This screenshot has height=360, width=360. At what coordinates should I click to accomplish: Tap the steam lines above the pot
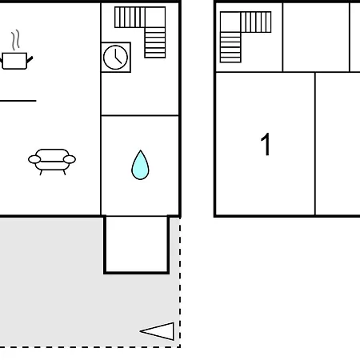[x=16, y=40]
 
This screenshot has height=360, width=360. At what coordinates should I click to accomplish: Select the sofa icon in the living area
[x=52, y=162]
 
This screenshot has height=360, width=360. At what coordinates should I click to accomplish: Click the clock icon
[x=115, y=58]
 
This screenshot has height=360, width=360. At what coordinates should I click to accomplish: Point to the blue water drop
[x=140, y=166]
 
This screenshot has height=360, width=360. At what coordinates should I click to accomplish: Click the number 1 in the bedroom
[x=266, y=144]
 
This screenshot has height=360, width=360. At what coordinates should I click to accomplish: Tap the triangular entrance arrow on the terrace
[x=158, y=331]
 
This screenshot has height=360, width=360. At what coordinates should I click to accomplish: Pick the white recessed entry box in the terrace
[x=137, y=244]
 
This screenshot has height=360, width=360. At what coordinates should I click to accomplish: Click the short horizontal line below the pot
[x=18, y=101]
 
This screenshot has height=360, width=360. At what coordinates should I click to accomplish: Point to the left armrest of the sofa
[x=34, y=159]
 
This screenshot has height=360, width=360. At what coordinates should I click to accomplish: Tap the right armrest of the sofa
[x=70, y=159]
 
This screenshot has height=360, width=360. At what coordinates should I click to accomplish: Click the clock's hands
[x=117, y=58]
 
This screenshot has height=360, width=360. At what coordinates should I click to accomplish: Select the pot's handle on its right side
[x=30, y=60]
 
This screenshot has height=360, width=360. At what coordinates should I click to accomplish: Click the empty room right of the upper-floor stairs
[x=316, y=38]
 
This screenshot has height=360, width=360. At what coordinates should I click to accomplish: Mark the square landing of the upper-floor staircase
[x=230, y=22]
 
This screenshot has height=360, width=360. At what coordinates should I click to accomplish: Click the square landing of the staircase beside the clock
[x=155, y=17]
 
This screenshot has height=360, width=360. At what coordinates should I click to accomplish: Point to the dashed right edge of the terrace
[x=180, y=282]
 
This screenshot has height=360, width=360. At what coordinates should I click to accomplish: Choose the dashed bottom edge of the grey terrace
[x=90, y=347]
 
